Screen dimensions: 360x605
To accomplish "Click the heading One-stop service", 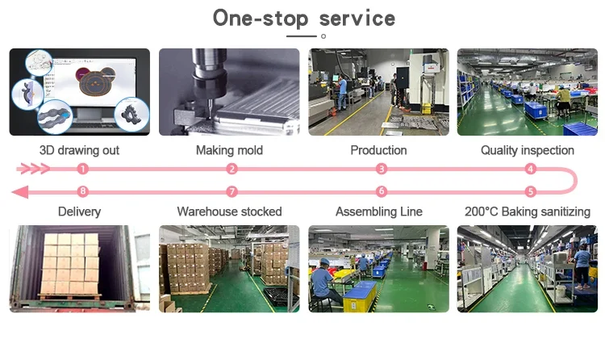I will point(303,19).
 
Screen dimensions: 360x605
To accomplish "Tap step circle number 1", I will point(82,169).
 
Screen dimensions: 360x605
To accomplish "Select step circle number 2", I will point(232,169).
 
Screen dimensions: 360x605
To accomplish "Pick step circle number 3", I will point(382,169).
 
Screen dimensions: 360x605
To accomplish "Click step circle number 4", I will point(530,169).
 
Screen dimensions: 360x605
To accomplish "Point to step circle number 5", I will point(530,192).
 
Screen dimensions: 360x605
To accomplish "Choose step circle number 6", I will point(382,192).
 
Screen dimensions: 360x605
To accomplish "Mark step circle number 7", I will point(232,192).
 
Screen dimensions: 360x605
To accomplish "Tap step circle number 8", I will point(82,192).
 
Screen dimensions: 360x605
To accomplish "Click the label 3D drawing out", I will point(79,150).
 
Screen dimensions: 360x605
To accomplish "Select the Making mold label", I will point(229,150).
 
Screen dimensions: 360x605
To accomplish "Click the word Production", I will point(378,150).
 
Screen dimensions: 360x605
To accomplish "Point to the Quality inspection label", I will point(528,150).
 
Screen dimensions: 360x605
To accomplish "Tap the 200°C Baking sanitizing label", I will point(528,211).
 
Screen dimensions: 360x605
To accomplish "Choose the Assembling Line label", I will point(378,211).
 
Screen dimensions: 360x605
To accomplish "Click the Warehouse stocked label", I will point(229,211).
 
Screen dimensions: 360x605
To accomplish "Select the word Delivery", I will point(79,211).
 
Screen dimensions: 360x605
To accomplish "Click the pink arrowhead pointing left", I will point(20,192).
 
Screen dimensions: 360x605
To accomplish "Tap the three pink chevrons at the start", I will point(35,169).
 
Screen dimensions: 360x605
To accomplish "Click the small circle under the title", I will point(323,36).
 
